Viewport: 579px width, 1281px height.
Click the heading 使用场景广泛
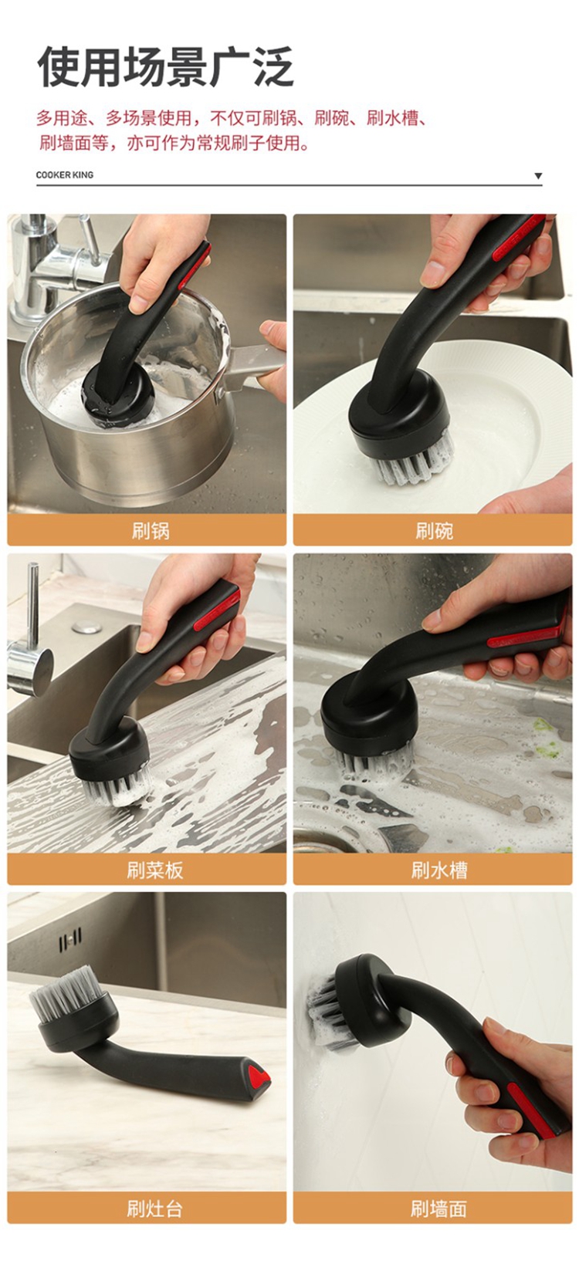coord(165,67)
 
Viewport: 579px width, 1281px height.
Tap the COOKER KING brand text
coord(65,175)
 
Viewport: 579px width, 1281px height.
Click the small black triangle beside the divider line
coord(538,176)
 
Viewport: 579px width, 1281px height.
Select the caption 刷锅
coord(151,531)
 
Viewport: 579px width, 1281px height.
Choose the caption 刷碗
coord(434,531)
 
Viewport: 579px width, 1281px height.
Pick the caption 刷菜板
coord(155,870)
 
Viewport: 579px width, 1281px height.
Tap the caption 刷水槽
coord(438,870)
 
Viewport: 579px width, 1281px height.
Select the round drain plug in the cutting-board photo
coord(87,628)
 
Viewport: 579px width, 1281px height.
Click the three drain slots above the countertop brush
coord(70,940)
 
